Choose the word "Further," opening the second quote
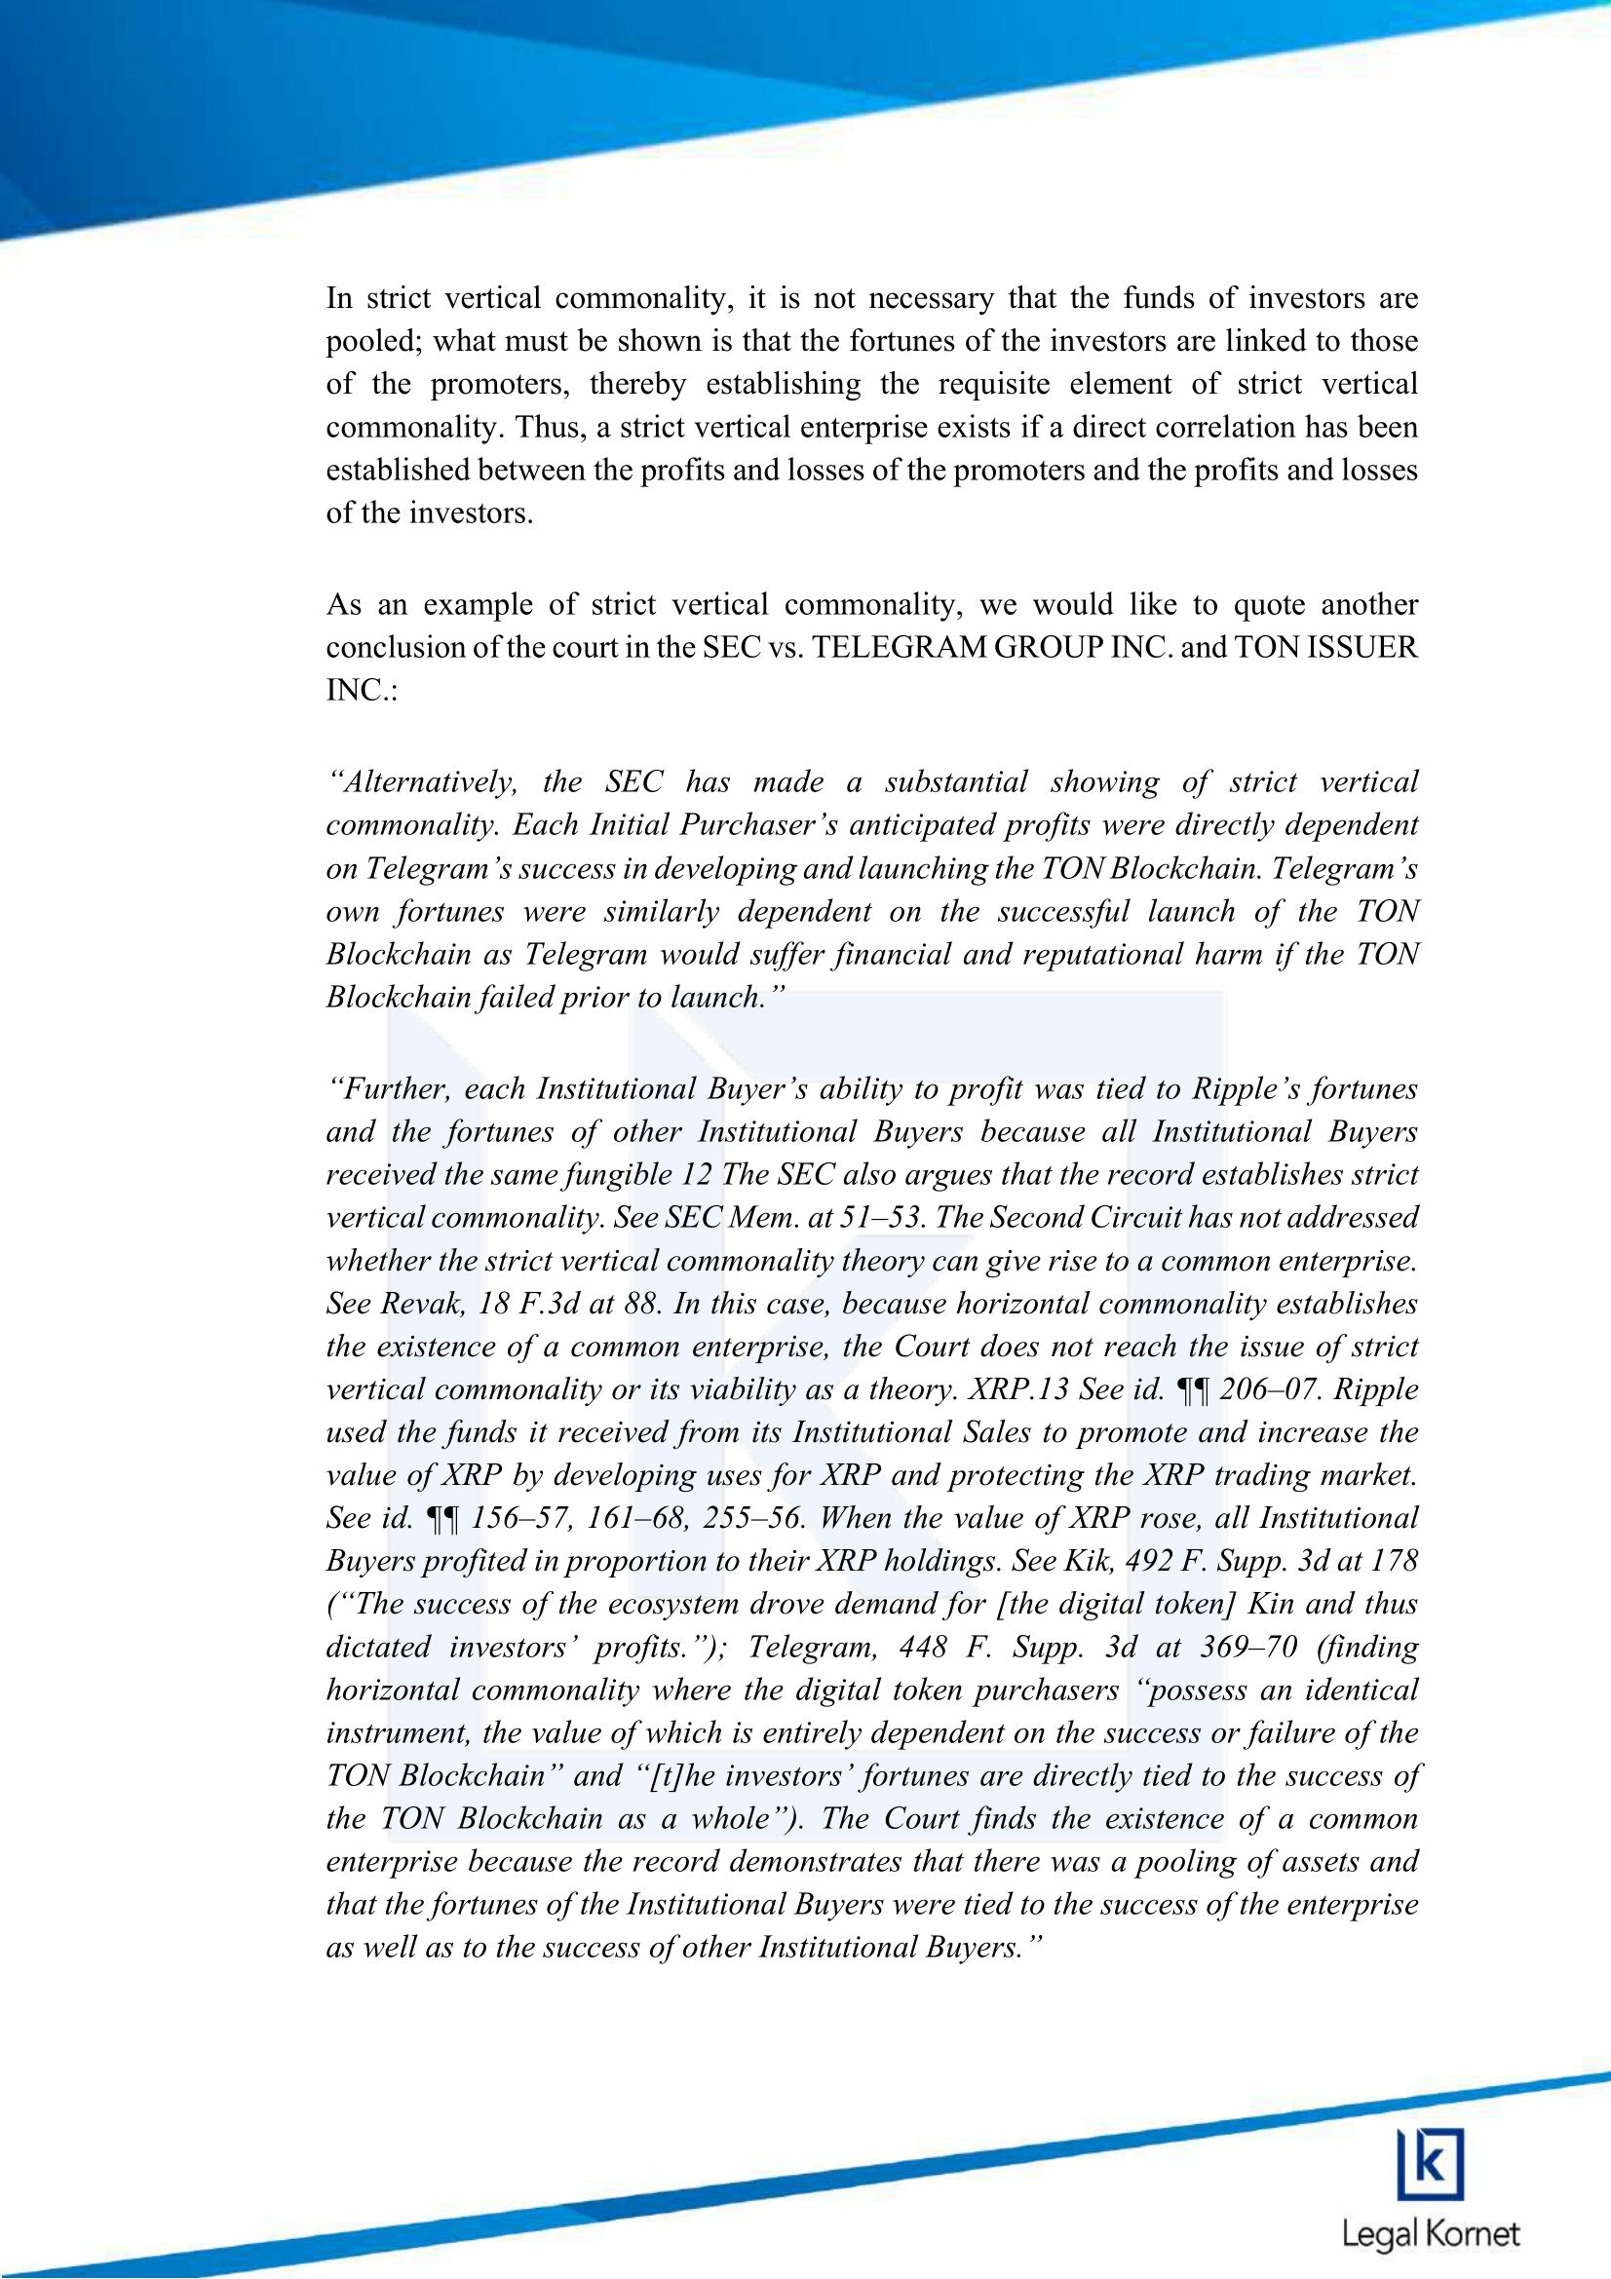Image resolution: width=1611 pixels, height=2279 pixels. (390, 1090)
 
